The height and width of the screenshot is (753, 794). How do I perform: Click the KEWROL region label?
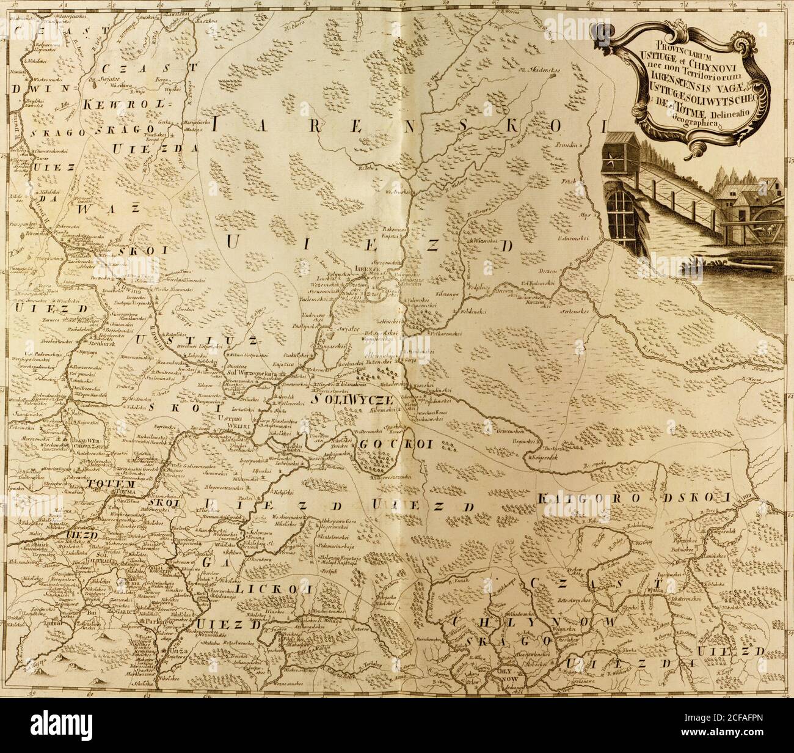127,106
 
